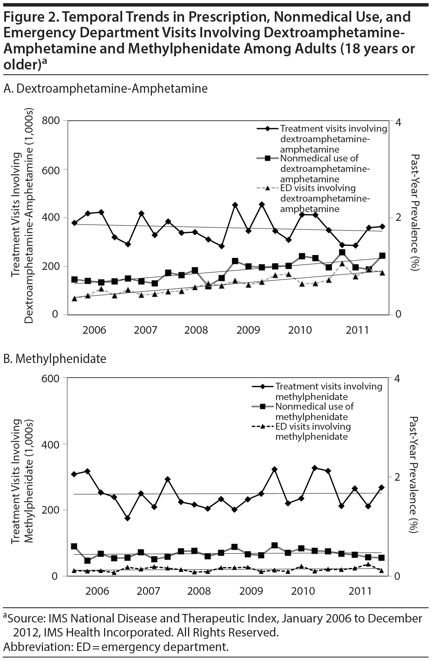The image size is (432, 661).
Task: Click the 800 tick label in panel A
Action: click(51, 120)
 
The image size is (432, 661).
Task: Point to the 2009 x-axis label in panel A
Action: click(248, 330)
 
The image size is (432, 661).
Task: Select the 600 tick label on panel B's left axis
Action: click(51, 378)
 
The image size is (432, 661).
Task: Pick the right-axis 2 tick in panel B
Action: click(397, 477)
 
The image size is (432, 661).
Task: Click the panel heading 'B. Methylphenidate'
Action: click(55, 358)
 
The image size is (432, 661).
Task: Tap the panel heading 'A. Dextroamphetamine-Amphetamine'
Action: click(105, 88)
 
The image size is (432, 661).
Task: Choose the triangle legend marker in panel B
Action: click(263, 426)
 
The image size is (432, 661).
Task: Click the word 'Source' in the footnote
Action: click(25, 618)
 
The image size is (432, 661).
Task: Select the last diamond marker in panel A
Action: click(382, 226)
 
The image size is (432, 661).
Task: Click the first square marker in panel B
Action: click(74, 546)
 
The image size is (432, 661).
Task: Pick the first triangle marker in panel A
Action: click(74, 298)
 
